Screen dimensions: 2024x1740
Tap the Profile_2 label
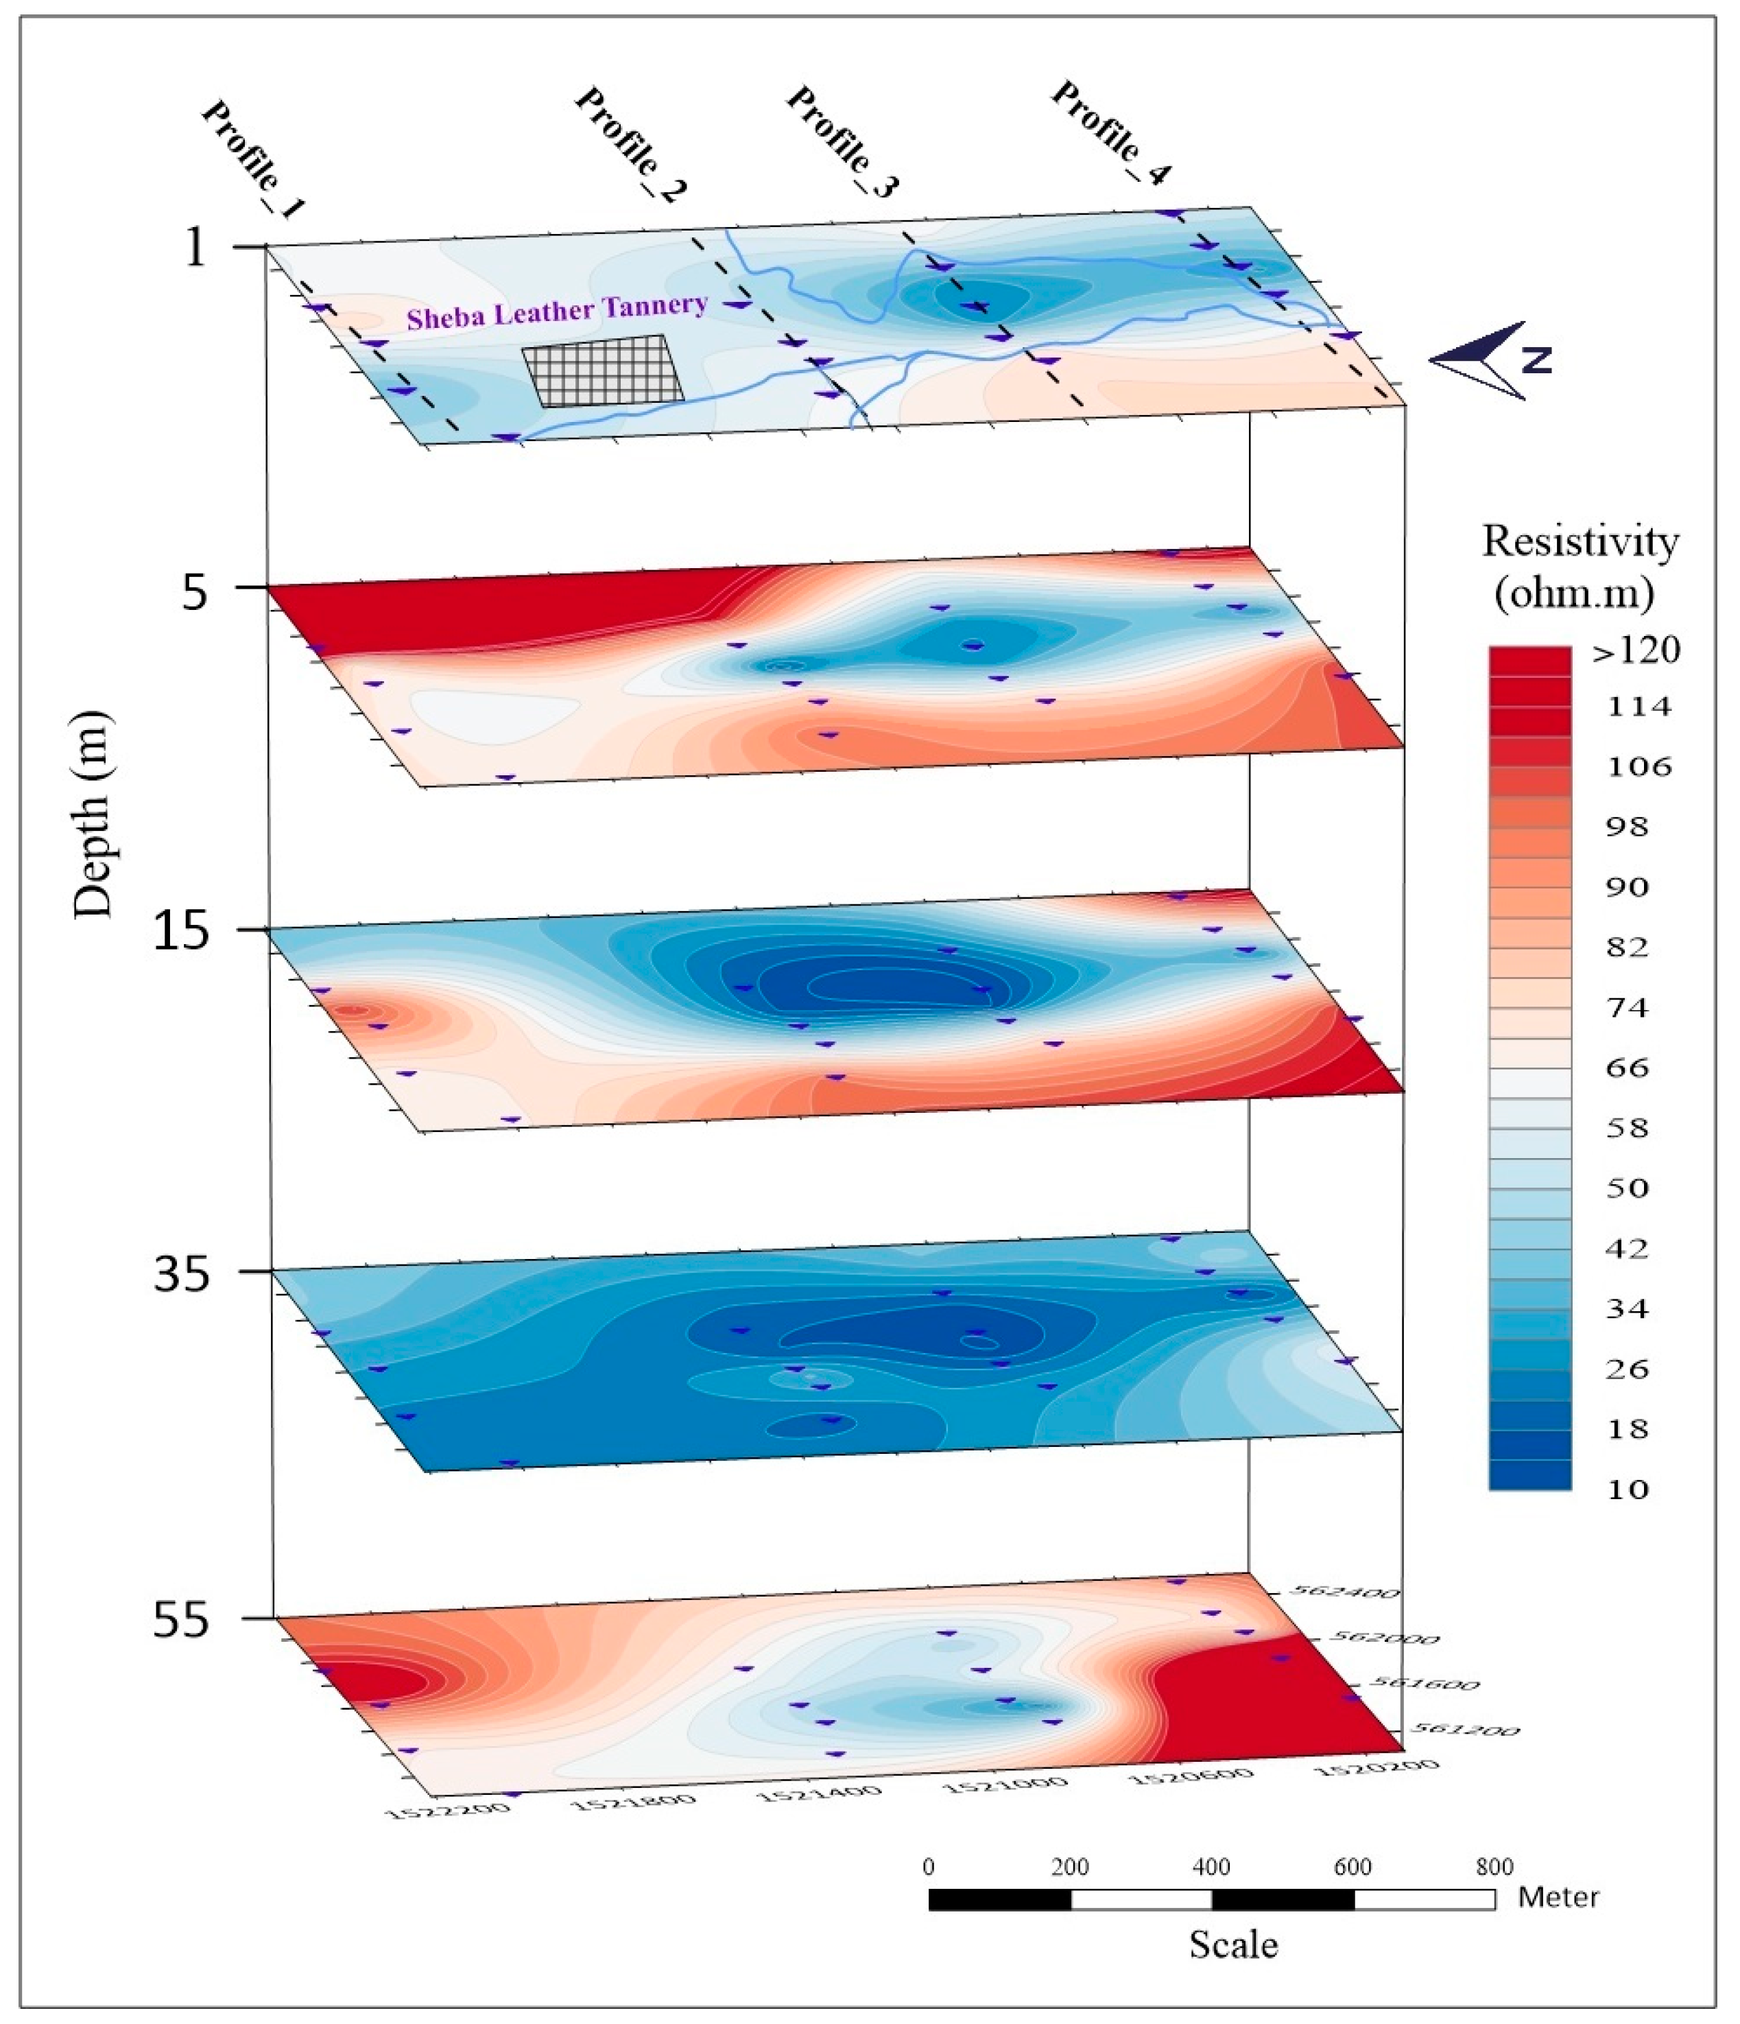pos(629,145)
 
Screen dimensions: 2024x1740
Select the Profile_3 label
pos(841,141)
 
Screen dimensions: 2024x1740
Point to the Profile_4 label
pos(1110,132)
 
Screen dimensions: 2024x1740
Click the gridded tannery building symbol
pos(602,370)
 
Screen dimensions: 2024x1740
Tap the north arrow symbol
pos(1489,360)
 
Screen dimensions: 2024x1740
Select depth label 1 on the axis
pos(196,246)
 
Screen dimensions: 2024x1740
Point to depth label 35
pos(182,1273)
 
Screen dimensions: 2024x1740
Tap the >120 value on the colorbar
pos(1636,650)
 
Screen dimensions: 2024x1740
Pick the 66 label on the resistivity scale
pos(1627,1067)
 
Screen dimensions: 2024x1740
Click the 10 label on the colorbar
pos(1627,1489)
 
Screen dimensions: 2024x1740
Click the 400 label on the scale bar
pos(1211,1867)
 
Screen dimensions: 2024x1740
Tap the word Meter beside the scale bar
pos(1558,1897)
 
